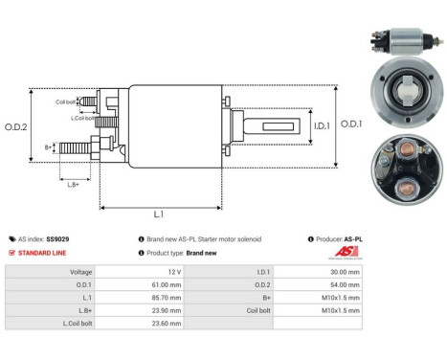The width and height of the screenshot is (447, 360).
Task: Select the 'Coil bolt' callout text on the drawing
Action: [66, 101]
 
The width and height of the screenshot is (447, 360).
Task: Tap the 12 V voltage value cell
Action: [171, 272]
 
